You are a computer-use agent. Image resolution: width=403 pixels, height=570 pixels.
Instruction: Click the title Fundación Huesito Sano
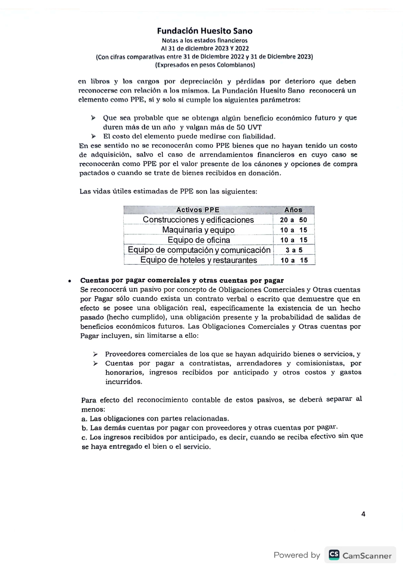point(204,31)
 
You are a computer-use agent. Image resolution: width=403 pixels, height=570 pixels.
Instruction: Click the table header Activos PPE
point(198,210)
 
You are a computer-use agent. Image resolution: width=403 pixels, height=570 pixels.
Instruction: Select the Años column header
point(293,210)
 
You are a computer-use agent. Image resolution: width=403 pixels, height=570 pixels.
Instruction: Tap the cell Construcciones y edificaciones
point(198,220)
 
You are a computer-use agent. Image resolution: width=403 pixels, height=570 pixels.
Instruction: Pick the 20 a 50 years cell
point(293,220)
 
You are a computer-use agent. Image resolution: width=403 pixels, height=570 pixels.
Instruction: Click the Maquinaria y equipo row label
point(198,230)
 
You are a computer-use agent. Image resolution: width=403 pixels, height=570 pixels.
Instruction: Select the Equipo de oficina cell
point(199,240)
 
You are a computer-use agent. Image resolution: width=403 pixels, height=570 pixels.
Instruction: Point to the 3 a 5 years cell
point(294,250)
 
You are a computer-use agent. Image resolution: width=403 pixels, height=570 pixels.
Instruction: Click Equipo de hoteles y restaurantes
point(198,260)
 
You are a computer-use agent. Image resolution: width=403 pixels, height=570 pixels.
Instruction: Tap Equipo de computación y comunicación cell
point(199,250)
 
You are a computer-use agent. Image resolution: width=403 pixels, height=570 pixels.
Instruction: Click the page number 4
point(363,514)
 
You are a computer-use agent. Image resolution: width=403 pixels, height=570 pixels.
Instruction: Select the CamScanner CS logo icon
point(334,555)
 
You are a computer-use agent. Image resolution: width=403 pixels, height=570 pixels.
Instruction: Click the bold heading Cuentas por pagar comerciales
point(182,280)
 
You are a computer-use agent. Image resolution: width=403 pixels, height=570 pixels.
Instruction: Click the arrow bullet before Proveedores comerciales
point(95,354)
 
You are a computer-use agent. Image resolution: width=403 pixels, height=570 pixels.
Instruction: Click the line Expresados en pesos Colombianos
point(205,65)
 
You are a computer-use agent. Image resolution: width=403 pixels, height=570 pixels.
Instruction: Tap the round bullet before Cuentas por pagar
point(70,281)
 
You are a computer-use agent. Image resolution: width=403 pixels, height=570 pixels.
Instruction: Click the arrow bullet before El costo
point(94,136)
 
